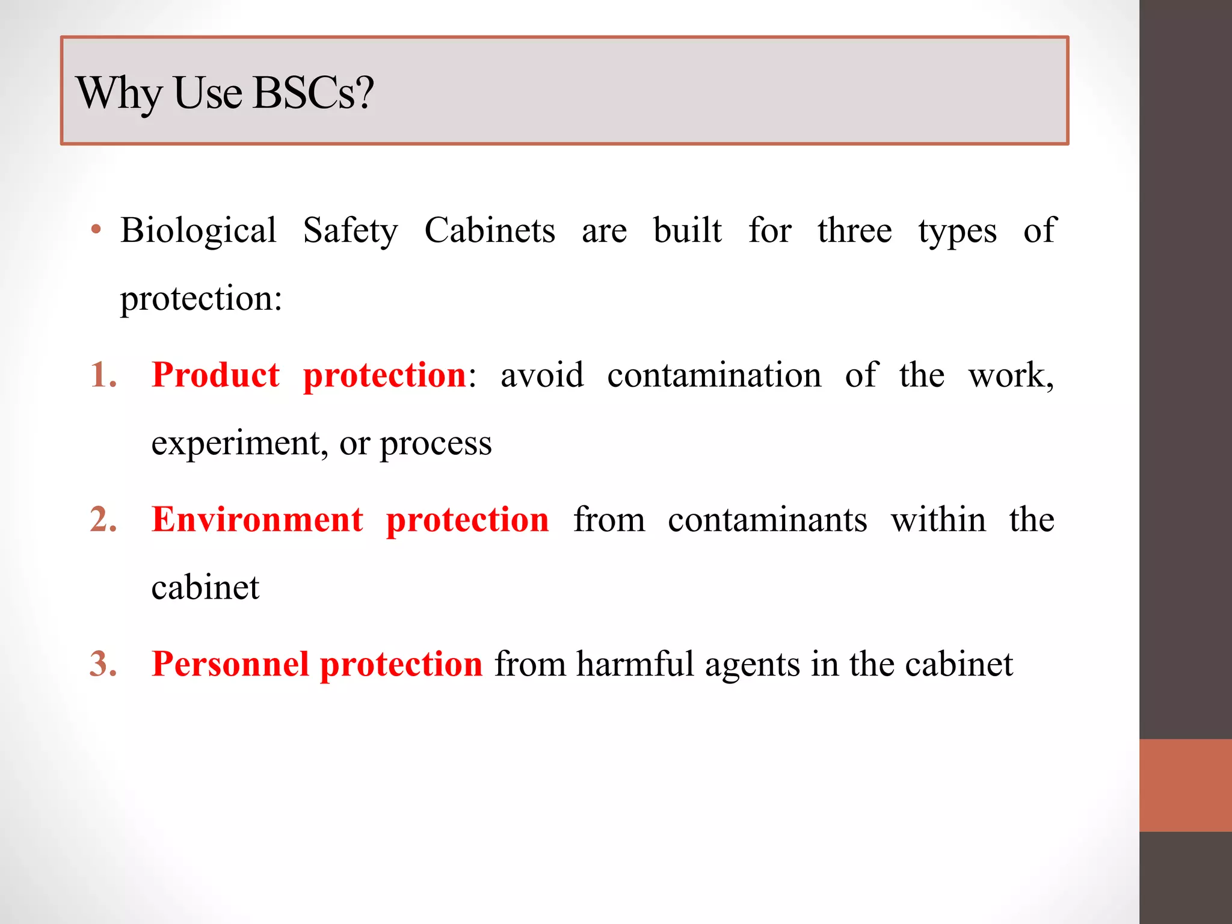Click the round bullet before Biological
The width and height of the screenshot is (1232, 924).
coord(96,230)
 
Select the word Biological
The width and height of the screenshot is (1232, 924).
coord(199,232)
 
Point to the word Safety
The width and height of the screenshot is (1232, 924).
coord(350,232)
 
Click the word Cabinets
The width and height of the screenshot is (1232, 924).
coord(490,230)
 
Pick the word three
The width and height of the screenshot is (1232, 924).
coord(854,230)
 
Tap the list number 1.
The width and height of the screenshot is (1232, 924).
coord(102,375)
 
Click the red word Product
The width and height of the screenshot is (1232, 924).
coord(215,375)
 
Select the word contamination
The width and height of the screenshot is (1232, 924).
coord(714,375)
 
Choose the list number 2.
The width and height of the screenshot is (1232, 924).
coord(103,519)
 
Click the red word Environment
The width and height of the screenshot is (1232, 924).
coord(257,519)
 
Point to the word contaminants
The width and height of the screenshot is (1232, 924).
coord(768,520)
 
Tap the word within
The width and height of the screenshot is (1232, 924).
coord(938,519)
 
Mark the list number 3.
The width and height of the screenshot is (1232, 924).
coord(103,664)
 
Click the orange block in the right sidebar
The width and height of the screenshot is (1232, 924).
coord(1186,785)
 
